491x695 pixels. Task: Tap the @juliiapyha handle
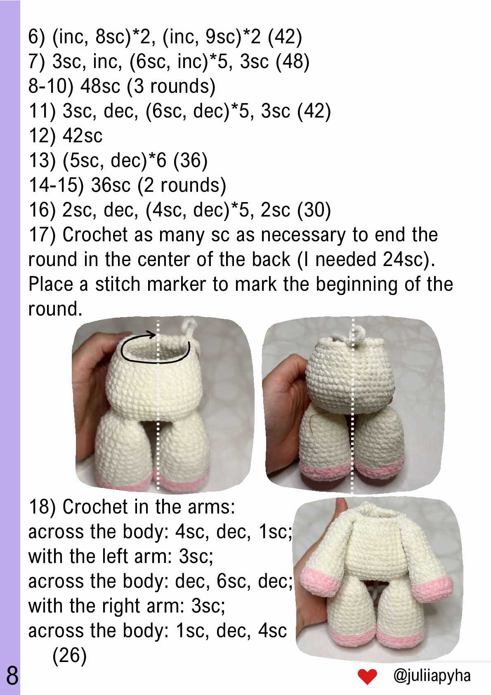pyautogui.click(x=432, y=676)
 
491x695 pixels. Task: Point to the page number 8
pyautogui.click(x=12, y=676)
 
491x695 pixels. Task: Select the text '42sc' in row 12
pyautogui.click(x=82, y=136)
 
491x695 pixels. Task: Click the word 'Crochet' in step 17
pyautogui.click(x=95, y=235)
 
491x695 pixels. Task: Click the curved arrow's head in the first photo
pyautogui.click(x=151, y=334)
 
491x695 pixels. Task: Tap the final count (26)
pyautogui.click(x=69, y=655)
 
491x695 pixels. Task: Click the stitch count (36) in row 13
pyautogui.click(x=190, y=160)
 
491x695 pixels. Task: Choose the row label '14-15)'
pyautogui.click(x=56, y=185)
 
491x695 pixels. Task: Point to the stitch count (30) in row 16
pyautogui.click(x=314, y=210)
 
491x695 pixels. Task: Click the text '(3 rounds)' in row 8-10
pyautogui.click(x=171, y=86)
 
